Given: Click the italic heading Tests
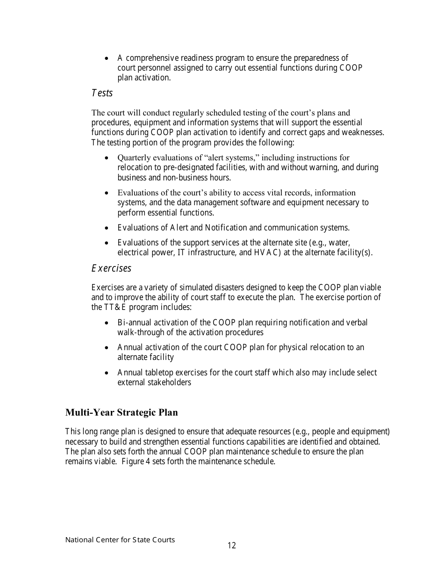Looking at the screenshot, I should [102, 93].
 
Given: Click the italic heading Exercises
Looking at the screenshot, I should [111, 268].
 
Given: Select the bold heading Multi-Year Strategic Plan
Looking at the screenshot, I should [122, 412].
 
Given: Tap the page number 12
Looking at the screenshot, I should [232, 545].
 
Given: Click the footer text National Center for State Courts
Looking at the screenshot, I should [120, 539].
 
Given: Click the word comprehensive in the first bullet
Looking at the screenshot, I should [152, 58].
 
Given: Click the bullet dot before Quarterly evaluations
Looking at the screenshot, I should [107, 158].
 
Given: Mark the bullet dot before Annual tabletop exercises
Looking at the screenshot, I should [107, 373].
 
